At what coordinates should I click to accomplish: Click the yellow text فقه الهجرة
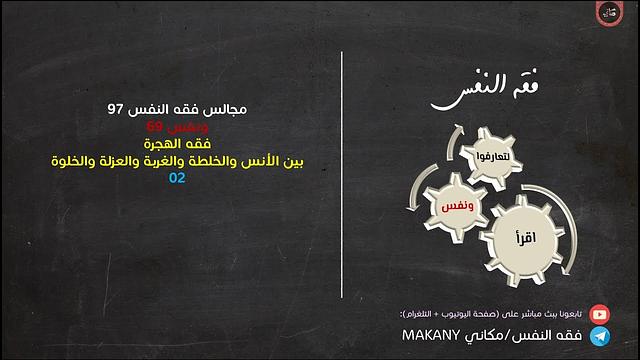click(x=178, y=143)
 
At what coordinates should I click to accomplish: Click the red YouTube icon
click(x=598, y=313)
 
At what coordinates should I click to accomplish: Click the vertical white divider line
click(x=344, y=180)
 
